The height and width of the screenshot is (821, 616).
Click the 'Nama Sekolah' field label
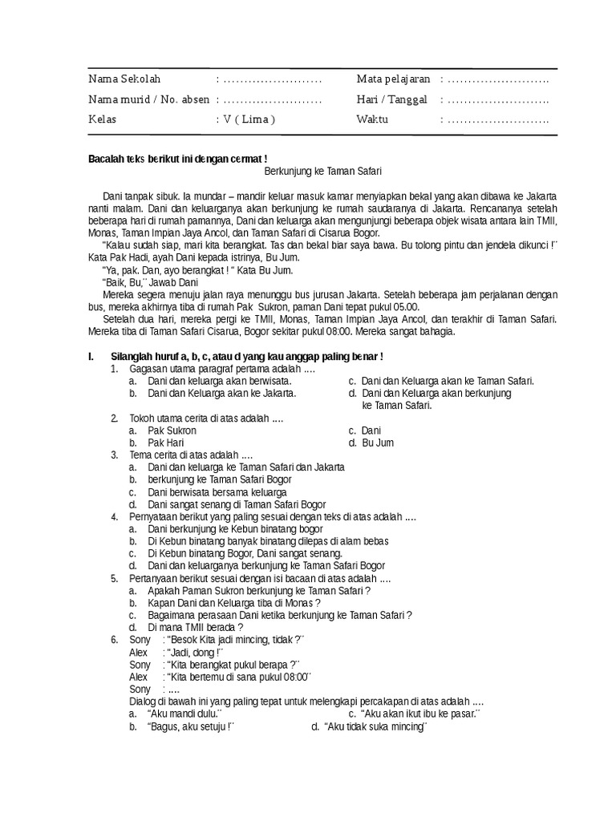coord(124,79)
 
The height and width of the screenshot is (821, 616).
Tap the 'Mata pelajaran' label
coord(393,79)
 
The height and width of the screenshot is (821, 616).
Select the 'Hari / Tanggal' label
coord(391,99)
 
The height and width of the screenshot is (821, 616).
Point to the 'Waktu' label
coord(372,119)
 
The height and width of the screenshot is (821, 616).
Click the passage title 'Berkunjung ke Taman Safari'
coord(322,172)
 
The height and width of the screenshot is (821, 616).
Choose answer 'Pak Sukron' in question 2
coord(172,431)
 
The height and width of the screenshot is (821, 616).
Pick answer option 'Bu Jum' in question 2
coord(378,443)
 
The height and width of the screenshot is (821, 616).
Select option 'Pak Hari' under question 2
coord(167,443)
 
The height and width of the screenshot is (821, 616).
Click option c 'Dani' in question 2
coord(371,431)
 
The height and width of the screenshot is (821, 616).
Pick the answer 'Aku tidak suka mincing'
coord(376,726)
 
